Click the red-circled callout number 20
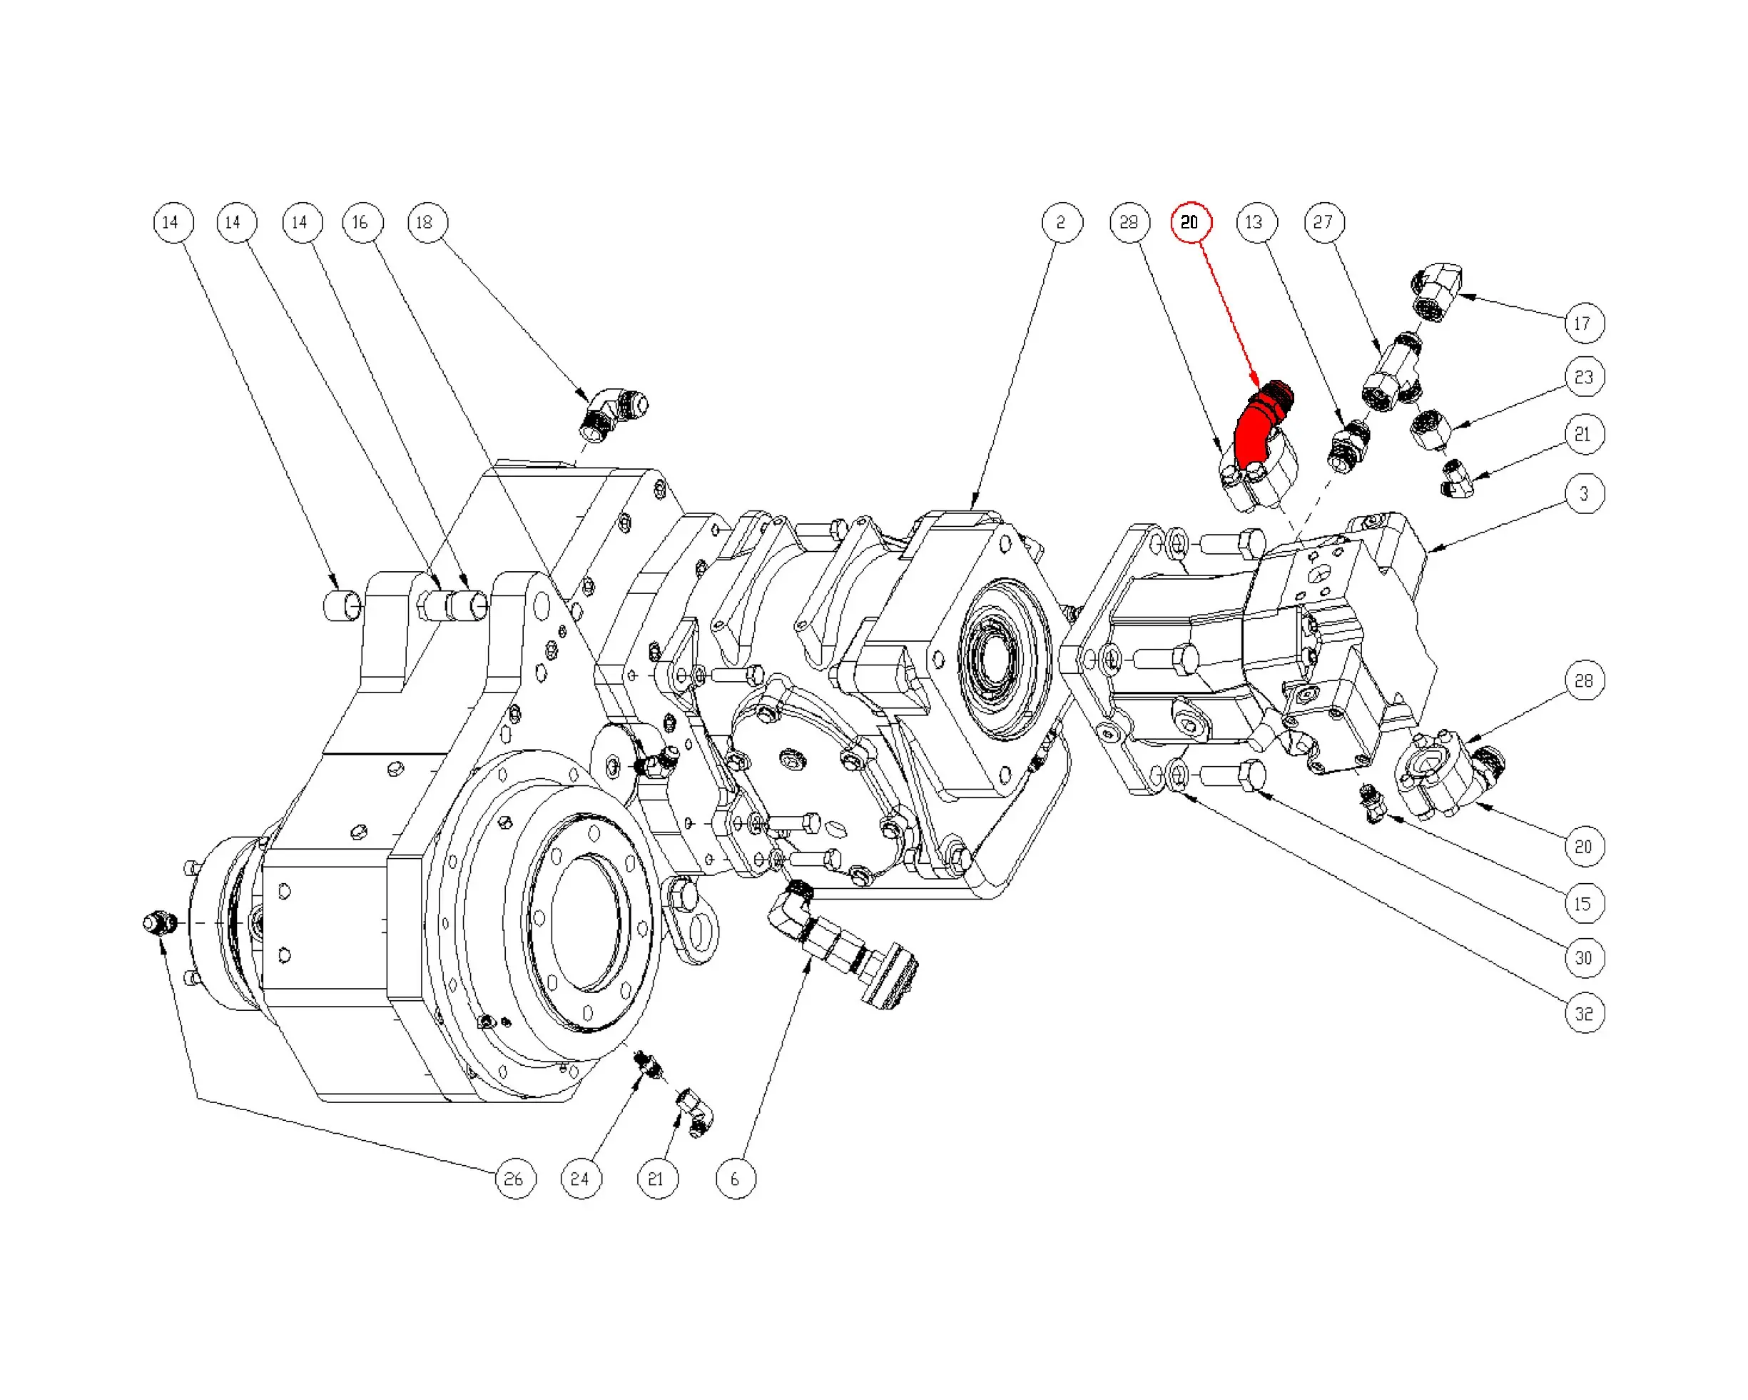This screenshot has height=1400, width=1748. coord(1190,222)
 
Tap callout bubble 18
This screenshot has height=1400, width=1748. coord(427,222)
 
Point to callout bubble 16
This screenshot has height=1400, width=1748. coord(362,222)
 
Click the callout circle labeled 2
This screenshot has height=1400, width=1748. coord(1062,222)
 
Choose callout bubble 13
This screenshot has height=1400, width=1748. coord(1256,222)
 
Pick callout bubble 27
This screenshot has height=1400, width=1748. coord(1324,222)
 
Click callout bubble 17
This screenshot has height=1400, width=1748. coord(1583,323)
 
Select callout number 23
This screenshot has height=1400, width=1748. coord(1584,377)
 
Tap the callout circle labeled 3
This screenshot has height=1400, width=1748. coord(1584,493)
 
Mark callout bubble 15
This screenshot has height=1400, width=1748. coord(1584,904)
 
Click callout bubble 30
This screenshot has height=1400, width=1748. coord(1584,958)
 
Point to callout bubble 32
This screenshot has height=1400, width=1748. coord(1584,1014)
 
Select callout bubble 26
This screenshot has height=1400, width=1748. coord(515,1179)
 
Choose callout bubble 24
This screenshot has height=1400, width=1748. coord(581,1179)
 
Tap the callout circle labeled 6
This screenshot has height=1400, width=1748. coord(736,1179)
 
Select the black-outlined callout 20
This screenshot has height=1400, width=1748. coord(1584,847)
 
